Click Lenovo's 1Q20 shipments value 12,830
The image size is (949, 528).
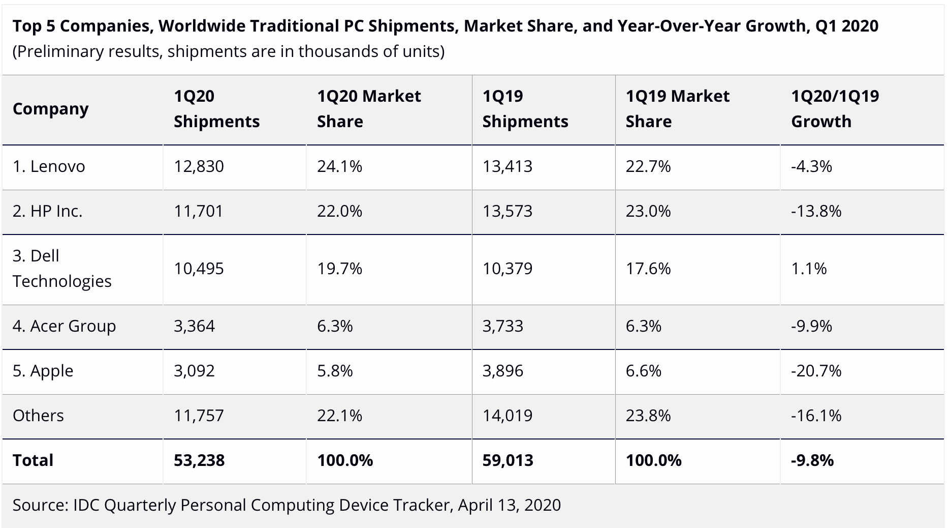(199, 167)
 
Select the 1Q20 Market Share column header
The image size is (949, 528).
(369, 109)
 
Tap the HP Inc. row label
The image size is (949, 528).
(48, 212)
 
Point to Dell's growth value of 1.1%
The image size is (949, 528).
(809, 269)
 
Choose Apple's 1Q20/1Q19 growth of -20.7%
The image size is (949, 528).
(816, 371)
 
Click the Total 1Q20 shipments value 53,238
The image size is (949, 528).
(199, 460)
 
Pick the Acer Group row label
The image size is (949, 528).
(64, 326)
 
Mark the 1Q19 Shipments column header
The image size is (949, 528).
(525, 109)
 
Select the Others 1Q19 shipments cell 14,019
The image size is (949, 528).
(507, 416)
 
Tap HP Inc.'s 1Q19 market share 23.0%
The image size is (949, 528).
(648, 212)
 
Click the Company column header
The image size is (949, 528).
(51, 109)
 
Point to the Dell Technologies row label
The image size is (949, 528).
(62, 269)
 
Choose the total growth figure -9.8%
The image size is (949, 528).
(812, 460)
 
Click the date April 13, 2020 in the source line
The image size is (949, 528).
(509, 505)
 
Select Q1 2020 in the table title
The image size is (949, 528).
(847, 26)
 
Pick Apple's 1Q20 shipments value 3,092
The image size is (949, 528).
(194, 371)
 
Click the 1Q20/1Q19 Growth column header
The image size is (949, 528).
(835, 109)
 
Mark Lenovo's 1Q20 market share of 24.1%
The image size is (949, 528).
(339, 167)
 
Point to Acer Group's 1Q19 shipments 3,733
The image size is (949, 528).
(502, 326)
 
